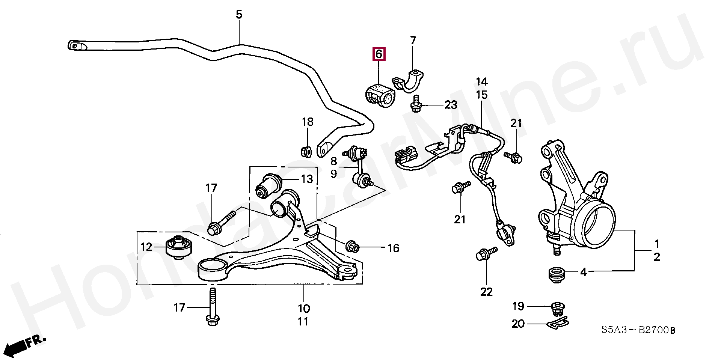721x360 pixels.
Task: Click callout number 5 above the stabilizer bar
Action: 239,15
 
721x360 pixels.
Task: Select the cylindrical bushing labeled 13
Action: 269,185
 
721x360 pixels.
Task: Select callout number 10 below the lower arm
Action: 304,309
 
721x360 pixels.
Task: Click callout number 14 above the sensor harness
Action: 482,81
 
